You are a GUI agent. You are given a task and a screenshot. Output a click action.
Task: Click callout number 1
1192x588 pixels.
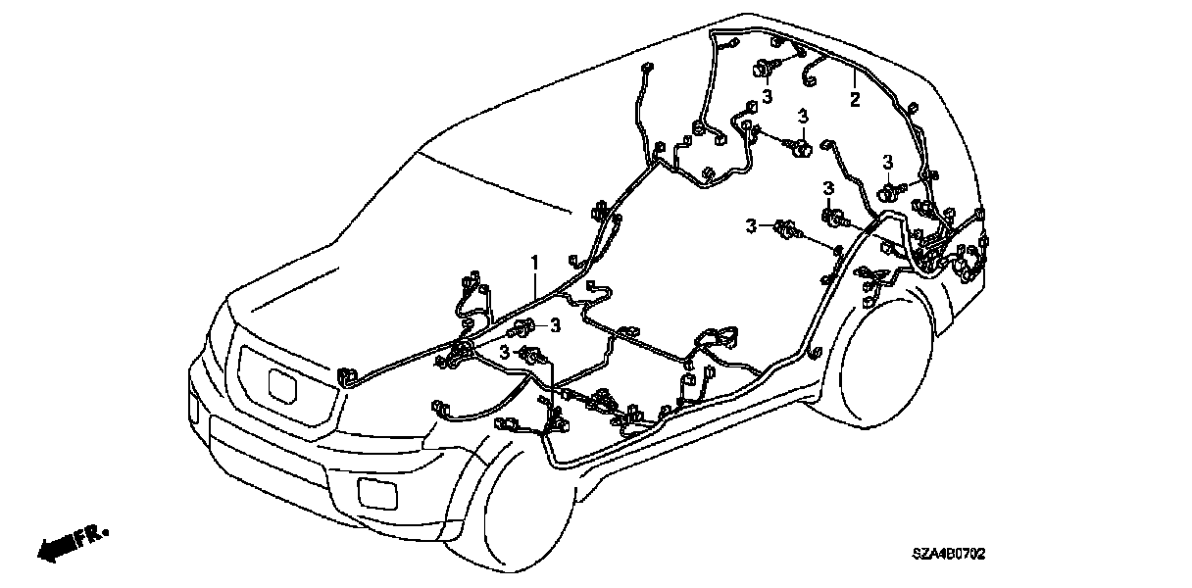[x=535, y=263]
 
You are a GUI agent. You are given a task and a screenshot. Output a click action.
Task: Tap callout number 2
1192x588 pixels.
[x=855, y=99]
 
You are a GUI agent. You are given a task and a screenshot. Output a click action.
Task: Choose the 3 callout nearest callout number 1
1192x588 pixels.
[x=554, y=324]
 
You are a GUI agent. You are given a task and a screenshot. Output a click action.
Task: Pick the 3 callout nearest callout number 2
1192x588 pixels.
[x=803, y=116]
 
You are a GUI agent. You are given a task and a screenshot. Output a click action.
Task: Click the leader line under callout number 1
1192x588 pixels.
[x=536, y=283]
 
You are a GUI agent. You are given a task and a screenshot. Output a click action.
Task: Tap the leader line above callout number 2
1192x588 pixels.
[x=854, y=81]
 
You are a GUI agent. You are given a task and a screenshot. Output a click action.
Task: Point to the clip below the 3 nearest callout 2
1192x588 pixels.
[x=800, y=148]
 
